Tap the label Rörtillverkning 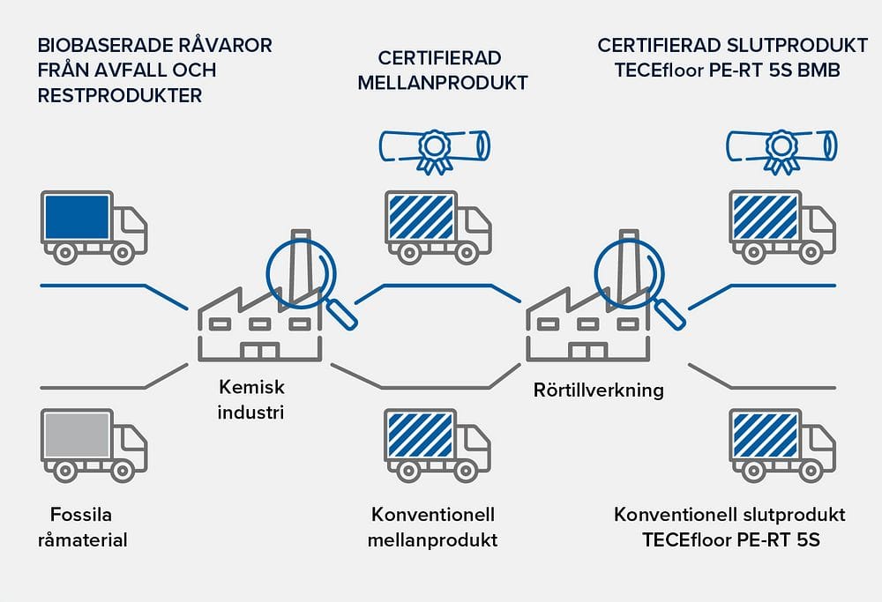pyautogui.click(x=598, y=390)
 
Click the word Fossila pyautogui.click(x=82, y=515)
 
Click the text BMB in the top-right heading pyautogui.click(x=818, y=70)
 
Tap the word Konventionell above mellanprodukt pyautogui.click(x=432, y=515)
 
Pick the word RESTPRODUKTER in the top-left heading pyautogui.click(x=120, y=95)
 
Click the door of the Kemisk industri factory pyautogui.click(x=259, y=352)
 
